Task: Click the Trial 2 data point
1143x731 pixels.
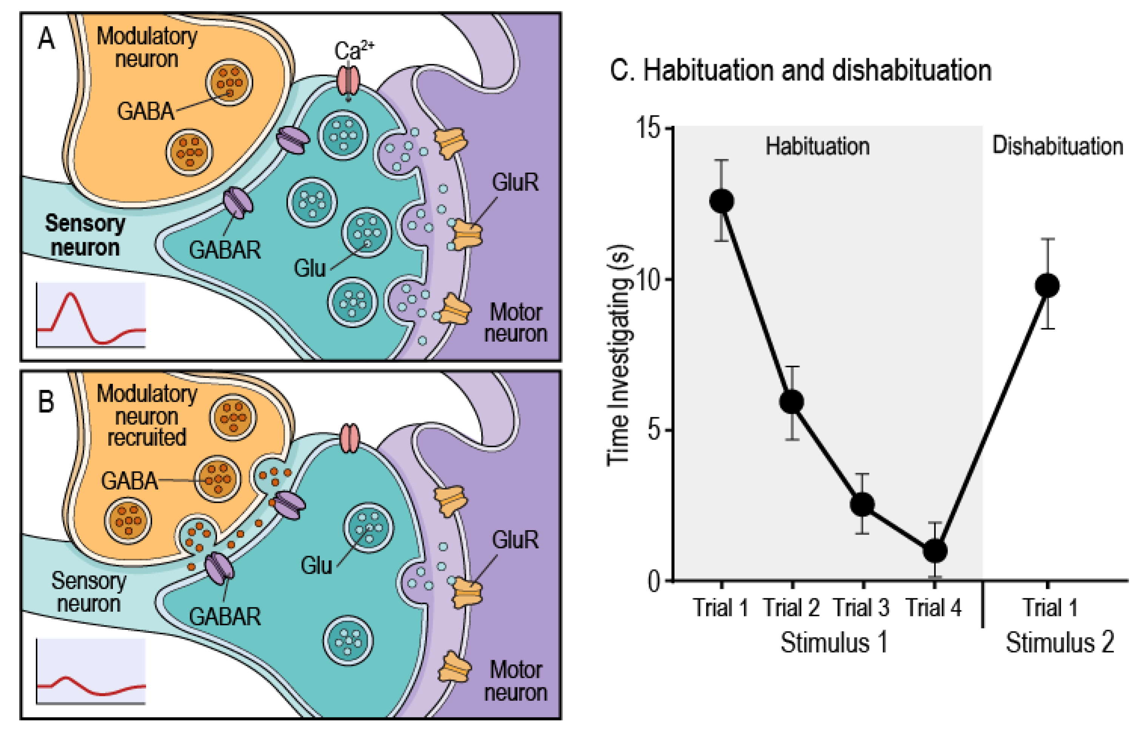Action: (x=791, y=402)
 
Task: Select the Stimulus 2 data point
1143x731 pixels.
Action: (x=1047, y=286)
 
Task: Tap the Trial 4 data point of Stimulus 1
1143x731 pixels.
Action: (x=935, y=551)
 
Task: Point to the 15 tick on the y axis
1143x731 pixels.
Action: (x=669, y=127)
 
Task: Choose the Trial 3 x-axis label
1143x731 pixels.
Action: (x=861, y=608)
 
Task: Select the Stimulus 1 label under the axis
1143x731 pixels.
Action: (x=834, y=643)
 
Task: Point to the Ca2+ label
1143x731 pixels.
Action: (x=354, y=50)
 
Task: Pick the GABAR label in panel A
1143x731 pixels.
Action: (x=225, y=250)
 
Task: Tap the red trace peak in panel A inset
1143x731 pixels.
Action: (x=70, y=294)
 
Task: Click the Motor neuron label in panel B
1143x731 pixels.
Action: (x=516, y=681)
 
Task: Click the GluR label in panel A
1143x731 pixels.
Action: (x=515, y=182)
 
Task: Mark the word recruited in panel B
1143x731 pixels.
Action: (x=146, y=437)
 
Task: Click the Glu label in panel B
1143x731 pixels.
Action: (x=316, y=565)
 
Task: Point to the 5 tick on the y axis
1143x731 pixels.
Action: (x=669, y=430)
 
